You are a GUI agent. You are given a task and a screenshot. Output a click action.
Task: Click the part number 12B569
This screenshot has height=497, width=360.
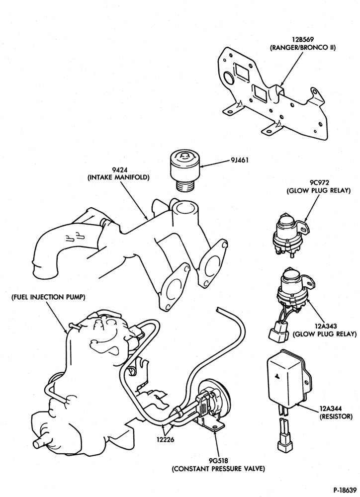303,40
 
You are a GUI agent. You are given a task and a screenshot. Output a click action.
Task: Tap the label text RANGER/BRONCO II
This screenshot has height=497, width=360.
303,48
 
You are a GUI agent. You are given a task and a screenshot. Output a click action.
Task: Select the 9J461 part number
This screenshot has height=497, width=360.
240,160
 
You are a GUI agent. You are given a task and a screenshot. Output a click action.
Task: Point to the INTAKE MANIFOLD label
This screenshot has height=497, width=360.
118,177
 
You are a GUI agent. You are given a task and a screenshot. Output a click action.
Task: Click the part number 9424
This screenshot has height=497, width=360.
118,169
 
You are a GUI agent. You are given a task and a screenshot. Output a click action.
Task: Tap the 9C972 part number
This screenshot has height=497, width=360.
318,183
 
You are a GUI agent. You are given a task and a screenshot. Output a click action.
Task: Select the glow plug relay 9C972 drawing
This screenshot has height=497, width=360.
290,235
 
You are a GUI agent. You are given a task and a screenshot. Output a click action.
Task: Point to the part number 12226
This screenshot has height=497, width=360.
165,440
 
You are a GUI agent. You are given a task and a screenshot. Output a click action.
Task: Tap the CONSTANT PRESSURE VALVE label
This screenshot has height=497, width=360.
219,469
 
